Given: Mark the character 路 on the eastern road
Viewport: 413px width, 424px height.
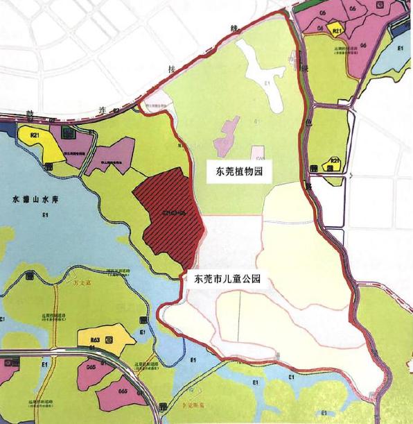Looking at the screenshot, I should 310,185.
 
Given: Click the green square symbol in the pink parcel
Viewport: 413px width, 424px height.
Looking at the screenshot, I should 67,132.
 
